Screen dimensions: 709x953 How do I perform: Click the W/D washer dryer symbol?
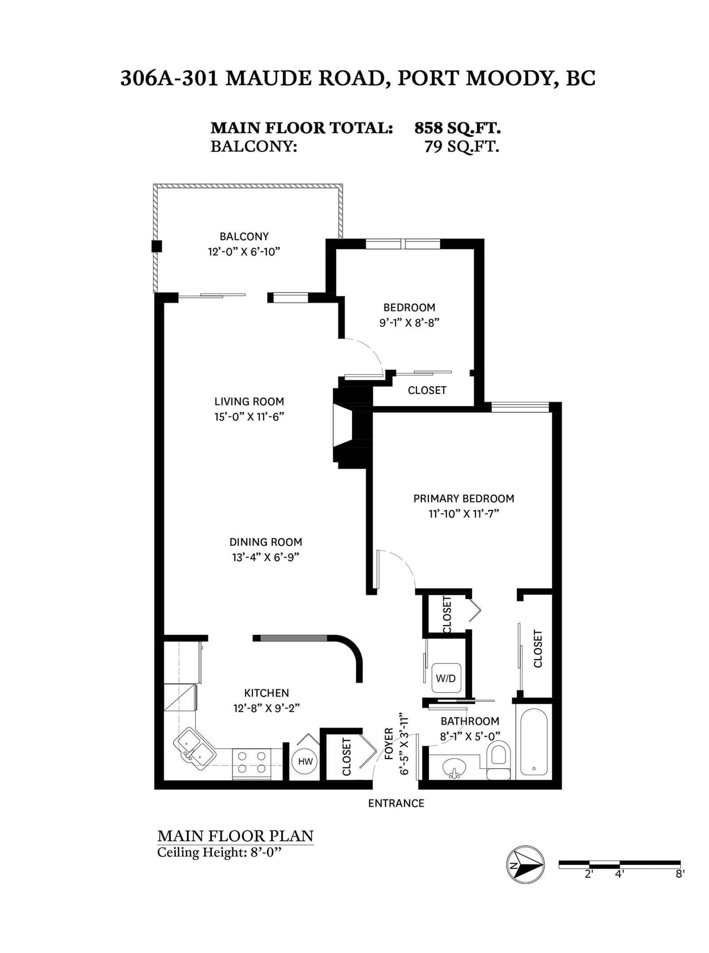[446, 678]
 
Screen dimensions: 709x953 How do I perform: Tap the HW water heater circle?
[305, 761]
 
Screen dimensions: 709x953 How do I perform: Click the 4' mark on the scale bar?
[619, 874]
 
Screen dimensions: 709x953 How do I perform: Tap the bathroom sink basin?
[454, 766]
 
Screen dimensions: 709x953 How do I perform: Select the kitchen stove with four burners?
[251, 763]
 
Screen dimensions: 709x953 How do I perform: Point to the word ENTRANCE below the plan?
[396, 803]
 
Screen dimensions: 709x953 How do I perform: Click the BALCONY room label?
[244, 236]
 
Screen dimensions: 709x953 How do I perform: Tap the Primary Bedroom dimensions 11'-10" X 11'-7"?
[464, 513]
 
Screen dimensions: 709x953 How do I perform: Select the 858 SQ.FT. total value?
[457, 128]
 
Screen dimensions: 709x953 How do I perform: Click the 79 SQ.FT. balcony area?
[462, 146]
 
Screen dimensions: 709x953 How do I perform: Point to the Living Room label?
[249, 401]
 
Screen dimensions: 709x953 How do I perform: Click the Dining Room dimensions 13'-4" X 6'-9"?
[265, 557]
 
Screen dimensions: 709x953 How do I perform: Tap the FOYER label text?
[389, 743]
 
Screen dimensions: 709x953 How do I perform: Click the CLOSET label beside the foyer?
[347, 756]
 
